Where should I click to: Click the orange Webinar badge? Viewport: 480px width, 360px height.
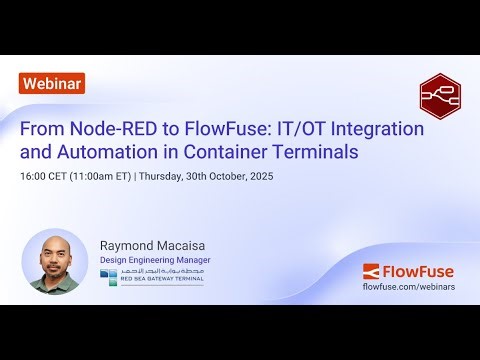51,84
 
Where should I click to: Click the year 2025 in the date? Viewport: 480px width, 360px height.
258,177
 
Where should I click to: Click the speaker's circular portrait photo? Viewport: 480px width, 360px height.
55,262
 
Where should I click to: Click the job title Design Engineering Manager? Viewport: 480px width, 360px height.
155,261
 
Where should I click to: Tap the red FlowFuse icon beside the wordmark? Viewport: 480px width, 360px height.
372,270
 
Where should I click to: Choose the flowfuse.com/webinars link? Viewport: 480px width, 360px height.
411,287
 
